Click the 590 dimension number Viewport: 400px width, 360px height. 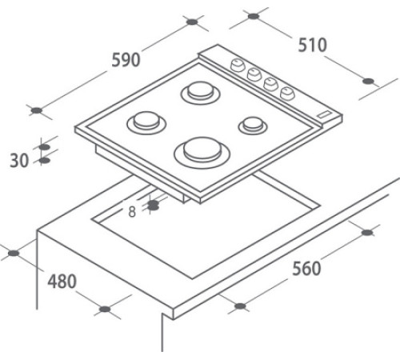(126, 60)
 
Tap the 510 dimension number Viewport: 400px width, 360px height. (312, 45)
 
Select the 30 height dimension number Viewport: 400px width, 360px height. (19, 161)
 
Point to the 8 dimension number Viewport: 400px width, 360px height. (132, 212)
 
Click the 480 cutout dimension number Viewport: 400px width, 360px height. (62, 282)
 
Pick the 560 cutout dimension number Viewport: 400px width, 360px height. (306, 269)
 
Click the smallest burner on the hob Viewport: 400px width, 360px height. (253, 126)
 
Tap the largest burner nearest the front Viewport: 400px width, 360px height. (202, 153)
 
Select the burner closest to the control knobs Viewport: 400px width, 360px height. (200, 93)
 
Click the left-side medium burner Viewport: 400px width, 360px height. (146, 122)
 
